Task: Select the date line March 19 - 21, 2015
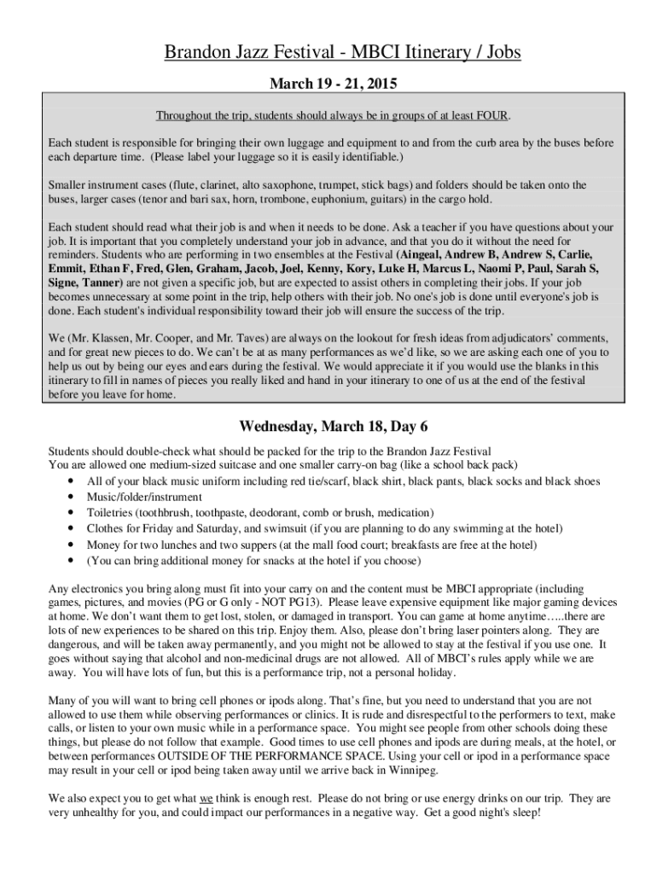click(x=328, y=84)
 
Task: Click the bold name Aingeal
click(x=428, y=254)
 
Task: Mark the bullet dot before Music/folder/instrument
click(x=68, y=498)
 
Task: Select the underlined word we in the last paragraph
click(x=205, y=799)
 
